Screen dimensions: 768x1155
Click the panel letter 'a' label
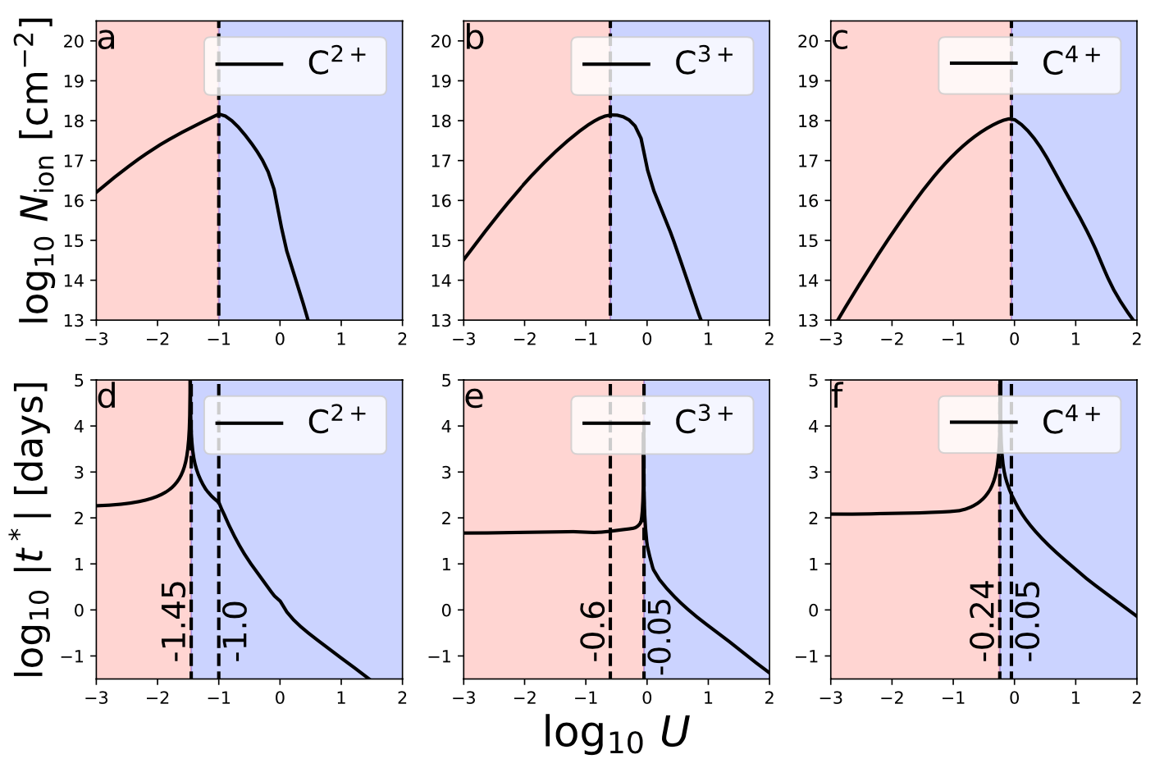107,39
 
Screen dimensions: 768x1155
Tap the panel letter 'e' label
474,397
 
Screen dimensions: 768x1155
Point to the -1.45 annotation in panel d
174,622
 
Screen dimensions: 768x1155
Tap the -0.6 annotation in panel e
592,631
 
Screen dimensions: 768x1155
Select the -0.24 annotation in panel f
983,622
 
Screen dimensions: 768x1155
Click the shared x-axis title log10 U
615,733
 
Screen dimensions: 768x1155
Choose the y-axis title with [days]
33,529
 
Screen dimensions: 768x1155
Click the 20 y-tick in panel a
79,41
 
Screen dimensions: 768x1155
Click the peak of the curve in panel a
219,114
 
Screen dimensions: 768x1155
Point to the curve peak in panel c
1011,119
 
